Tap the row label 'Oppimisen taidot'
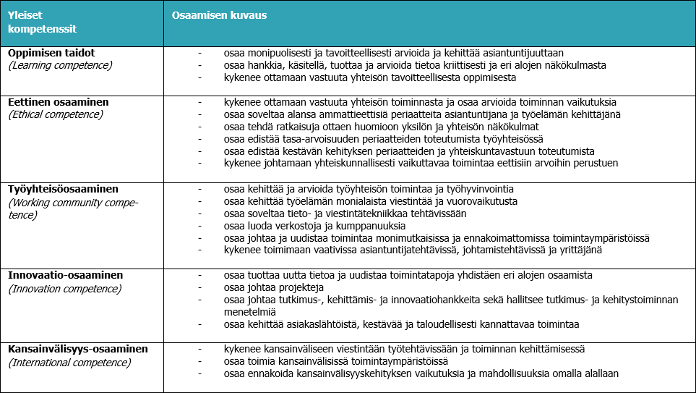pyautogui.click(x=51, y=53)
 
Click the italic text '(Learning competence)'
pyautogui.click(x=60, y=65)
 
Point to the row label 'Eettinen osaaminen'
pyautogui.click(x=59, y=102)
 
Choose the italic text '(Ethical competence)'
pyautogui.click(x=57, y=114)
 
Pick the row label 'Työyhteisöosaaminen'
pyautogui.click(x=64, y=189)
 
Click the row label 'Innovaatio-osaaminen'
pyautogui.click(x=66, y=275)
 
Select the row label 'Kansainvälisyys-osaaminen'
pyautogui.click(x=78, y=349)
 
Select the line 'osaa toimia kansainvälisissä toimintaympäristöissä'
pyautogui.click(x=336, y=361)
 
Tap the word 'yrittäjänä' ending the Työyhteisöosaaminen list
pyautogui.click(x=579, y=250)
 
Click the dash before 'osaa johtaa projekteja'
pyautogui.click(x=199, y=287)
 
